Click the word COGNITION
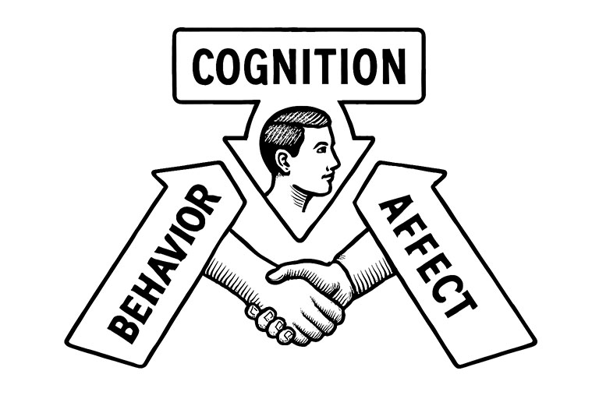(299, 66)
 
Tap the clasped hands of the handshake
(300, 292)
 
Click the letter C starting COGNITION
(204, 67)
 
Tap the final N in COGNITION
(393, 66)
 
